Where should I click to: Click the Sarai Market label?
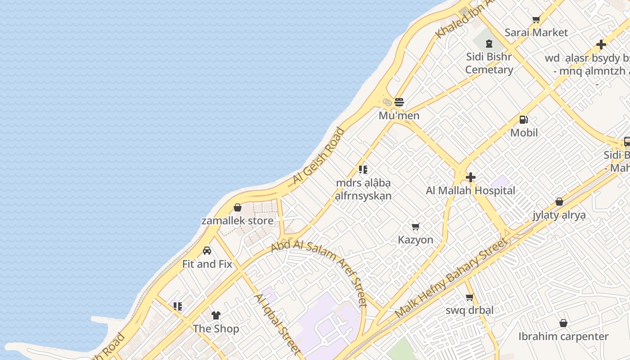point(536,32)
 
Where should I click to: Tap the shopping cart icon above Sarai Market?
point(536,19)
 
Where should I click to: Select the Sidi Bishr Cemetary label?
point(489,63)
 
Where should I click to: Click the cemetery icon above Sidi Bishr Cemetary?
point(489,44)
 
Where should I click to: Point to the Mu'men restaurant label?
point(399,116)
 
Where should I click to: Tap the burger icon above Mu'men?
point(399,102)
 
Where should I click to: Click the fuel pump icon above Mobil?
point(524,119)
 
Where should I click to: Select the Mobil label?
point(524,133)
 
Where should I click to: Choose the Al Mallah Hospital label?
point(470,190)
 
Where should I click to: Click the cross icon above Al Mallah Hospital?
point(471,177)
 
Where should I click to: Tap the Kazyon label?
point(415,240)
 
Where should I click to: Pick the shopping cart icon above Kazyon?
point(416,226)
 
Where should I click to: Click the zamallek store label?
point(237,220)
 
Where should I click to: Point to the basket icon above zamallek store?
point(238,207)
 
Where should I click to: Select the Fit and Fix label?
point(207,264)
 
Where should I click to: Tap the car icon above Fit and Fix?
point(207,251)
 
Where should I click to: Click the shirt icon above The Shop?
point(216,315)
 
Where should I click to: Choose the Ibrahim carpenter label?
point(563,337)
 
